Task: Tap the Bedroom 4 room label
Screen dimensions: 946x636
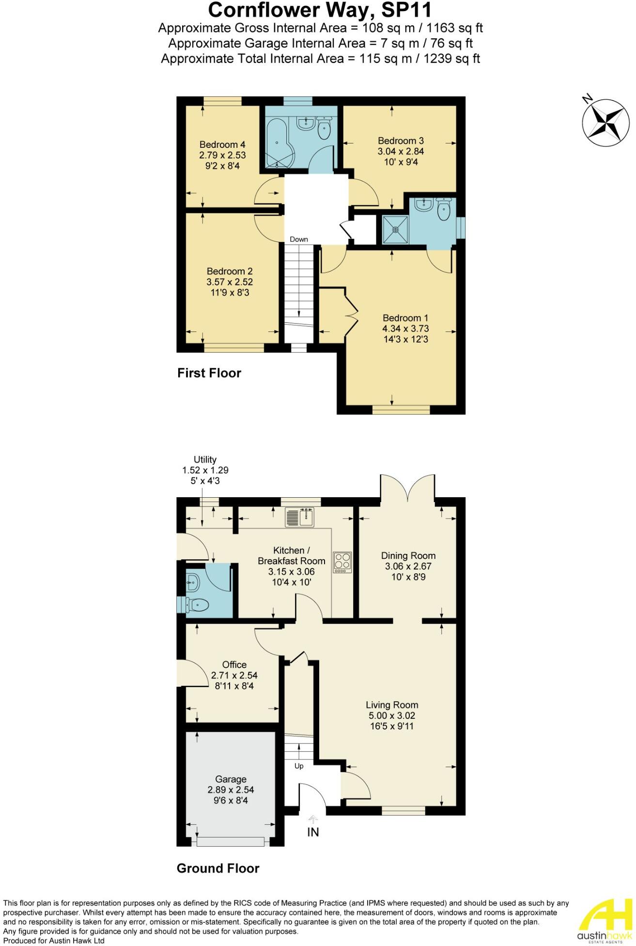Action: point(222,144)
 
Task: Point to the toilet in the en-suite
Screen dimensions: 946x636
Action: point(443,209)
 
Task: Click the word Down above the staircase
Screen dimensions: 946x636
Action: point(299,239)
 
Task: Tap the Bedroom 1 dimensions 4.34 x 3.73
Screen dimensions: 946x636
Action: point(405,329)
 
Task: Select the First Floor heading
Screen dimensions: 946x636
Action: point(209,373)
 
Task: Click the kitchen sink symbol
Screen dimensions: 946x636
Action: point(300,517)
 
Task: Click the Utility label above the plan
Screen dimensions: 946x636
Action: point(205,459)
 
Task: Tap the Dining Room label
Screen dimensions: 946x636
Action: point(408,555)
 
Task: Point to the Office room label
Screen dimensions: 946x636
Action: point(234,664)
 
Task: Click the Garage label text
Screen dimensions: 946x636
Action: point(231,779)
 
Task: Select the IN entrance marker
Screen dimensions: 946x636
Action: point(313,832)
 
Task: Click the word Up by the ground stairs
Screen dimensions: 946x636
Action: point(299,766)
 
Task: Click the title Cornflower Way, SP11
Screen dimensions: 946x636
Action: point(320,10)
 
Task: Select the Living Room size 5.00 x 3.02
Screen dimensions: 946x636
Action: point(391,715)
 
